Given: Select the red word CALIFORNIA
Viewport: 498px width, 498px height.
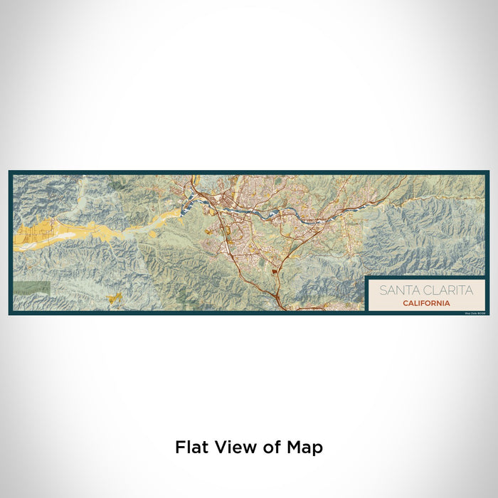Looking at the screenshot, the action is tap(425, 303).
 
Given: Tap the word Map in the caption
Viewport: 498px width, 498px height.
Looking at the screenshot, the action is tap(304, 447).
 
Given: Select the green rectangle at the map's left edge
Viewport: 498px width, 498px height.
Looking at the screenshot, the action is tap(31, 287).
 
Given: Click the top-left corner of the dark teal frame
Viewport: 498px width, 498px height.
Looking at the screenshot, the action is tap(10, 172).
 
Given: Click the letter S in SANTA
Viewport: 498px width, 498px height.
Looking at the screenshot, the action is tap(383, 290).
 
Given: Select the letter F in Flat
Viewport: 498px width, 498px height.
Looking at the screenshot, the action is tap(179, 447).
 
